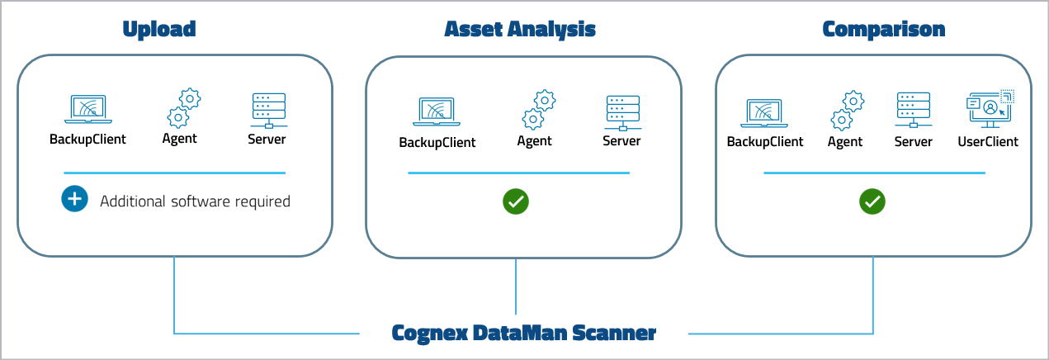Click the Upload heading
158,29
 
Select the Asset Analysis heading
520,29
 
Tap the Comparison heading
884,29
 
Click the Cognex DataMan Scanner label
523,333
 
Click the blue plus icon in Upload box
74,200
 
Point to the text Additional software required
195,201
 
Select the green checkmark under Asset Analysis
517,201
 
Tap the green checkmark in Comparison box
872,201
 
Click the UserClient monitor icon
989,110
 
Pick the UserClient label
988,141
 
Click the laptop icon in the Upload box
88,109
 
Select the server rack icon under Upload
267,110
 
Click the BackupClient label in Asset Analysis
437,142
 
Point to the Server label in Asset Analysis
621,141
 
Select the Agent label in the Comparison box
845,141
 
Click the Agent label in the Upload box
180,138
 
